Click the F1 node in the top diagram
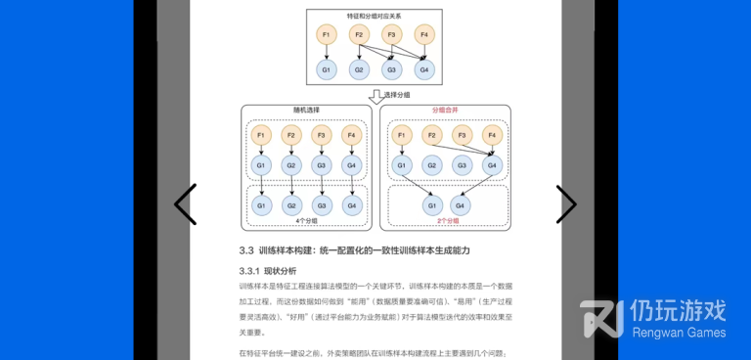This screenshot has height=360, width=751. (327, 36)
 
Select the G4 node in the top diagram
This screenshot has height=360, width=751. (424, 70)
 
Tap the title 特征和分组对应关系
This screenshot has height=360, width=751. (375, 17)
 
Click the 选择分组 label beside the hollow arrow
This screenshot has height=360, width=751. (398, 95)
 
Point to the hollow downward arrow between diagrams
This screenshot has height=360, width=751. (375, 96)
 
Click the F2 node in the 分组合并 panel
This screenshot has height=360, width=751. (431, 134)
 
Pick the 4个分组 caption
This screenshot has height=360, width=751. (307, 221)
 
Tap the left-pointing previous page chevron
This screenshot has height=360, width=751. (185, 204)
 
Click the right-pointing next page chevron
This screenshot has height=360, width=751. (566, 204)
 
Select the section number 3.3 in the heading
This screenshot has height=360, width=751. (246, 250)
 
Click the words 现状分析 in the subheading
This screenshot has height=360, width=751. (281, 270)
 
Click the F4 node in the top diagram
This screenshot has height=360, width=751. (424, 36)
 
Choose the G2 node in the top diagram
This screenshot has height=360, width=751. (359, 70)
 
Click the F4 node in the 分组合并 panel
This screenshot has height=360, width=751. (492, 134)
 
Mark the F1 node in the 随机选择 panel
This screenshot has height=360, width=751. (261, 134)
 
